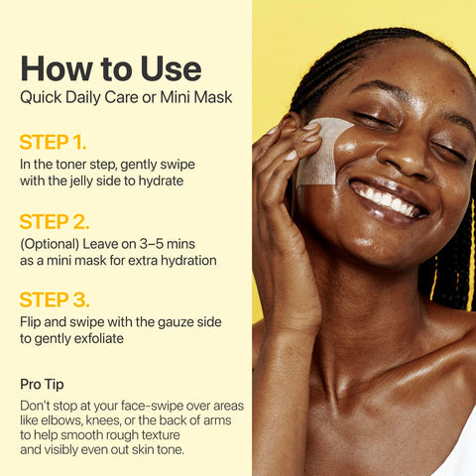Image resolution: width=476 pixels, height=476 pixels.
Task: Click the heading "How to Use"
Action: click(110, 68)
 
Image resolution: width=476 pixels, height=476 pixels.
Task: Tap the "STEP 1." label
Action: click(59, 141)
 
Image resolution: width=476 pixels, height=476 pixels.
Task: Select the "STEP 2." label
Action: click(59, 221)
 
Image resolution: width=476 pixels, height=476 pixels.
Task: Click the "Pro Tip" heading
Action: click(45, 384)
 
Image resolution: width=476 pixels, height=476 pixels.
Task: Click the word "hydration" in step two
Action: click(182, 261)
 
